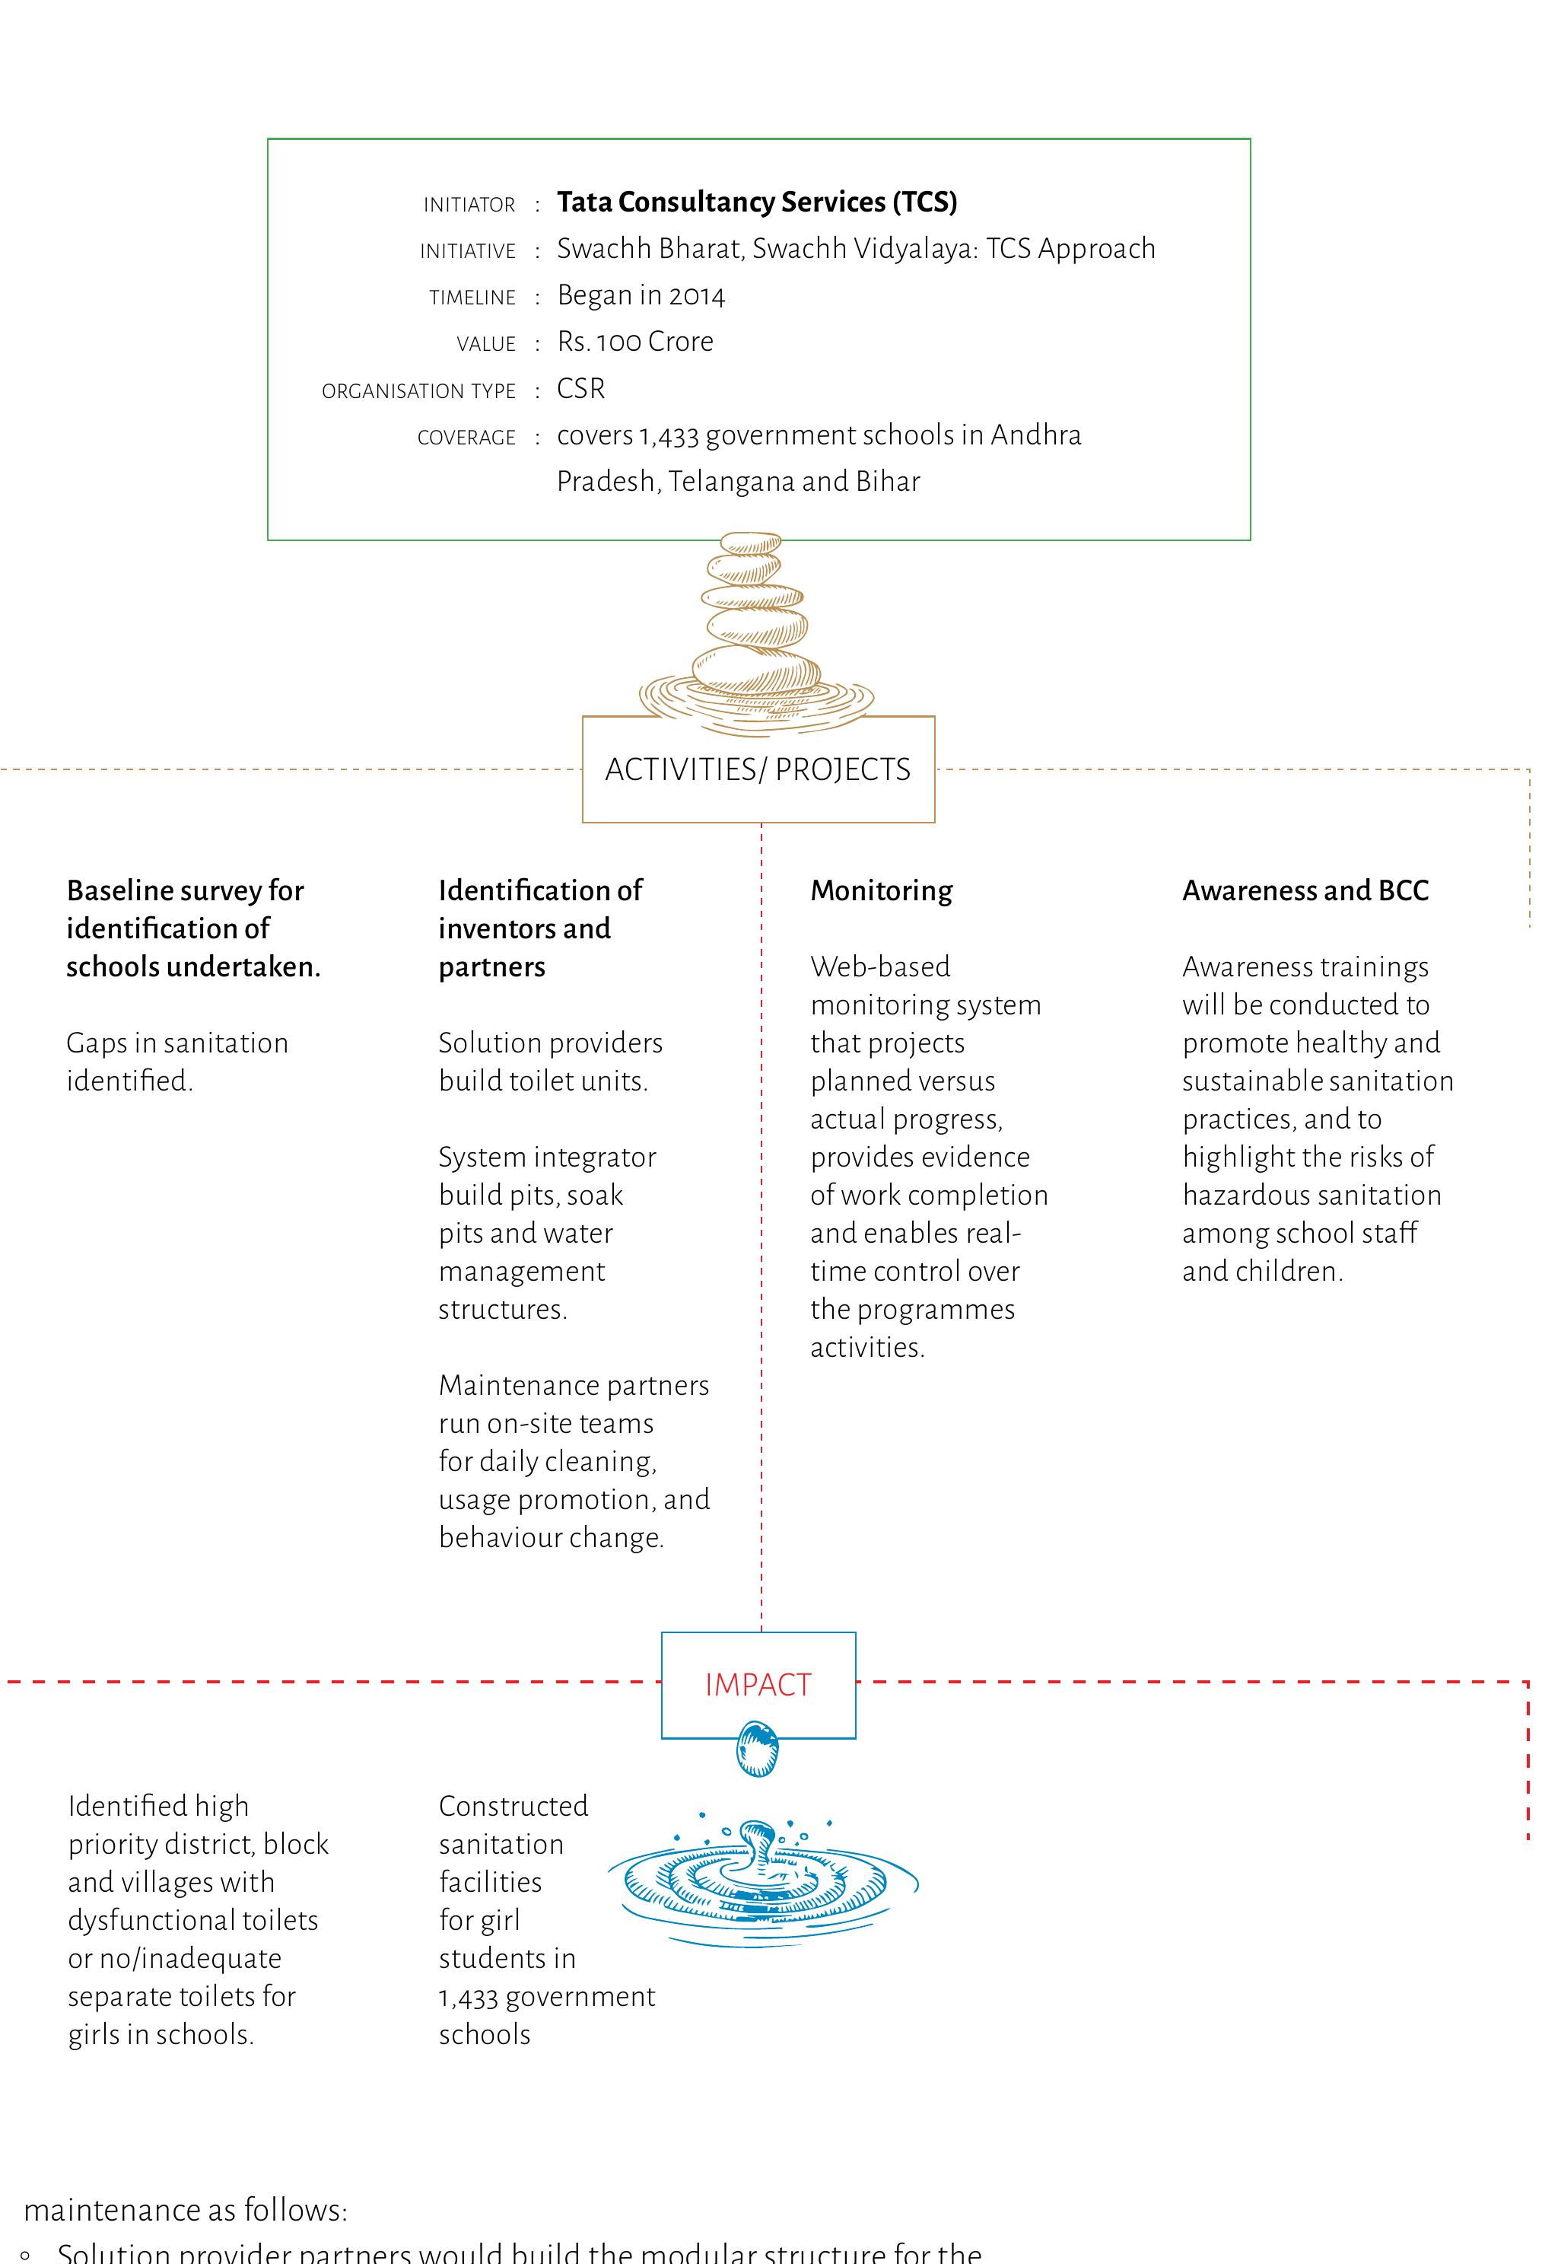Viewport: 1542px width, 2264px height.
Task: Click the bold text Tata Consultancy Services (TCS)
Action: click(x=757, y=202)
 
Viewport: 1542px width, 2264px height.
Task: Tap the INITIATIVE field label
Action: click(x=468, y=251)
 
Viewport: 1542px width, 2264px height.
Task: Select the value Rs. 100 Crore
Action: click(x=635, y=342)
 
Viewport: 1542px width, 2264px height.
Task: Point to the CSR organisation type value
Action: click(x=580, y=389)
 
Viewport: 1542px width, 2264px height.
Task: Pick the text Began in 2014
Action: click(x=641, y=295)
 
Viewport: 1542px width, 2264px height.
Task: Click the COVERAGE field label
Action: click(x=466, y=438)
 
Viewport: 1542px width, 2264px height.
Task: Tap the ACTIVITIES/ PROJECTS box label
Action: click(x=758, y=769)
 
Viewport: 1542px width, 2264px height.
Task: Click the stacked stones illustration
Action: click(x=756, y=629)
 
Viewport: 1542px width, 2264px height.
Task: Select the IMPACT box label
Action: click(x=758, y=1684)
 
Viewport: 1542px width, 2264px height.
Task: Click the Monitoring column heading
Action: click(x=882, y=890)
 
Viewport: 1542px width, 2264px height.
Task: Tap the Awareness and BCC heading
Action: click(x=1305, y=890)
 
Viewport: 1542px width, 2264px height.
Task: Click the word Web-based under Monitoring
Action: click(x=879, y=966)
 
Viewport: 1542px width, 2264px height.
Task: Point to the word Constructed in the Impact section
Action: click(x=513, y=1805)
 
